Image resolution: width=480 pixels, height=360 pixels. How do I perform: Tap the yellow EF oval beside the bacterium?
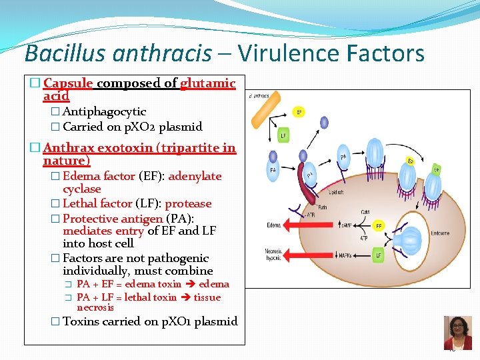point(299,112)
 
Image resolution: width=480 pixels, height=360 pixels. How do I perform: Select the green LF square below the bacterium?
point(283,136)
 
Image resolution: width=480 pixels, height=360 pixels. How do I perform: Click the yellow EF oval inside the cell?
point(378,226)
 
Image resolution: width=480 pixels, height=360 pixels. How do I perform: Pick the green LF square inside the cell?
point(378,255)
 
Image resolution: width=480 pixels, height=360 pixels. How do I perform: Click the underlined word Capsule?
point(72,83)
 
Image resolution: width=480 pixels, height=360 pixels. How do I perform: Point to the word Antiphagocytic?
point(104,112)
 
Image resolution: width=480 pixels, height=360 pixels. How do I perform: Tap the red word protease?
point(188,204)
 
